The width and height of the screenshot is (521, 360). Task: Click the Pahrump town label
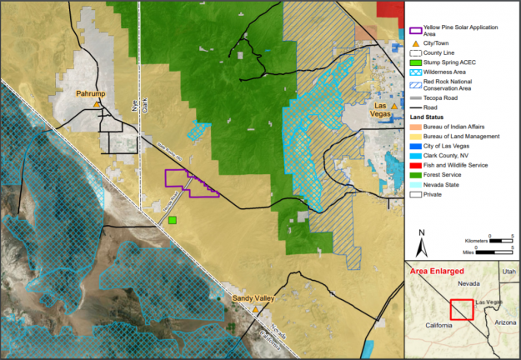(x=91, y=93)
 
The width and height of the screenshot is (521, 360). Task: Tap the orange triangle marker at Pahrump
(x=98, y=105)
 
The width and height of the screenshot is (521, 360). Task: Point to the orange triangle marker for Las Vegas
(x=395, y=107)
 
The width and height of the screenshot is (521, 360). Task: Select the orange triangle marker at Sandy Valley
(x=255, y=309)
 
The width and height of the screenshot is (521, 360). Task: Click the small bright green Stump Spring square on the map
(x=173, y=220)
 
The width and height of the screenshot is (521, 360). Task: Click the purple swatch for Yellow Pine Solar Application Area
(x=417, y=29)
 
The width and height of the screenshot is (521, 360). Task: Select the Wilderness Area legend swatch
(x=417, y=72)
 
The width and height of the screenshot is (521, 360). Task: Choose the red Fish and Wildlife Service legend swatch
(x=417, y=165)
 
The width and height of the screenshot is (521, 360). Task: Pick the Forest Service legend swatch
(x=417, y=174)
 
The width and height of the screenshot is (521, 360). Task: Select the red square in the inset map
(x=462, y=308)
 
